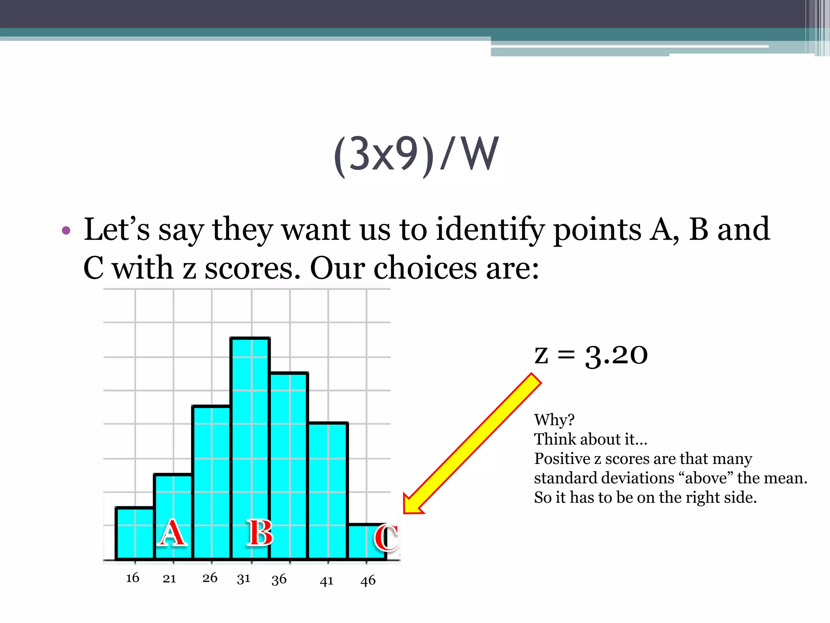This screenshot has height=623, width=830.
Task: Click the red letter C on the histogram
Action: point(386,537)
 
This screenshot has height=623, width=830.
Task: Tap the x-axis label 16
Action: point(133,578)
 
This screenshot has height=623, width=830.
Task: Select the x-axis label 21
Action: point(169,578)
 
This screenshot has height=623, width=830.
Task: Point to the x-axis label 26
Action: point(210,578)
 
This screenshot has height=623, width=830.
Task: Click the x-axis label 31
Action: point(244,579)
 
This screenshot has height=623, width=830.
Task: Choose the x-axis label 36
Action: point(279,579)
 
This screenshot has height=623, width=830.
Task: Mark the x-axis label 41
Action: point(327,581)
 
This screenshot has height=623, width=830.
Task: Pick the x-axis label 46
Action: point(368,580)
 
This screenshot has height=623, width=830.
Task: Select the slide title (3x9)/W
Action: point(416,155)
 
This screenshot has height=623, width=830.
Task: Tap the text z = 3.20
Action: point(591,355)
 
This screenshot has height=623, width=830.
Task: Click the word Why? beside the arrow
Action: point(554,420)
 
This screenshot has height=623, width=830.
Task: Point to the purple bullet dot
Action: point(66,231)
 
